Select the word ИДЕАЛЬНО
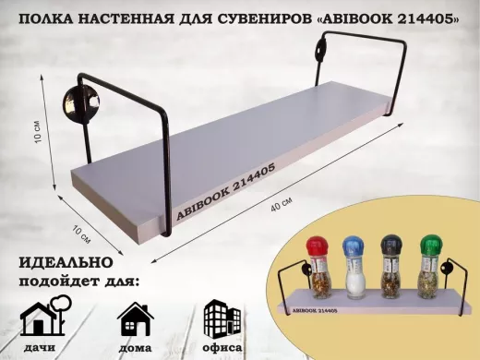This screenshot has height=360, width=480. pos(57,262)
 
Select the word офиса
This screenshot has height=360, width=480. pos(221,348)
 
